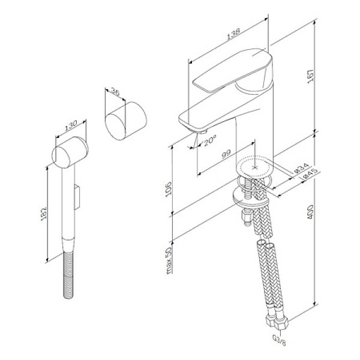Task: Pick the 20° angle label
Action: point(209,142)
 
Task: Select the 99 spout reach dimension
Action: point(227,155)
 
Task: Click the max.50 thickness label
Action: point(170,259)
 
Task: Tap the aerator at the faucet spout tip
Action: point(201,130)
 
